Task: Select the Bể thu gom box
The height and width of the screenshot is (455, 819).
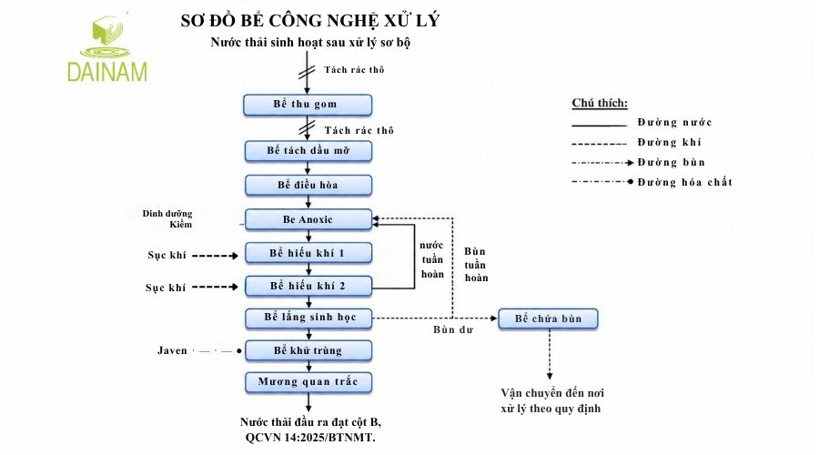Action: [x=308, y=105]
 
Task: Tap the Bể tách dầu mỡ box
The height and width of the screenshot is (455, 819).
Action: [x=308, y=151]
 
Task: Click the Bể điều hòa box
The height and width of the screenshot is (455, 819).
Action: [x=308, y=185]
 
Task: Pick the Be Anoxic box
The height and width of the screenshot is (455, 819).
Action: [x=308, y=219]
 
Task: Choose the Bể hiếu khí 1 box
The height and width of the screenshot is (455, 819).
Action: [x=308, y=253]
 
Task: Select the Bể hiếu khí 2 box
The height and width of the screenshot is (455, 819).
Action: [x=308, y=286]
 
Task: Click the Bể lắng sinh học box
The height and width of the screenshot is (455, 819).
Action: [x=308, y=318]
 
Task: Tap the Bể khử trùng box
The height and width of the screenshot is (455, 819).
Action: [x=308, y=350]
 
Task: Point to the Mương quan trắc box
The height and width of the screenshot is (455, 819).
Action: [x=308, y=382]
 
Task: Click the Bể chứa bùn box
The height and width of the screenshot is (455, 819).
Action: [x=548, y=318]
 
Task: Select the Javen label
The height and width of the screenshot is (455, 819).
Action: [x=172, y=350]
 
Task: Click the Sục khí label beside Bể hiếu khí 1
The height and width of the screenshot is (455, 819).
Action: [x=167, y=256]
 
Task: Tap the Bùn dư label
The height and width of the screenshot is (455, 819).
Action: [x=453, y=329]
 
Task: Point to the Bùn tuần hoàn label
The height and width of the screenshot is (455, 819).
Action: [x=476, y=265]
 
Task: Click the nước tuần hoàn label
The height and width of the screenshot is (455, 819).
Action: [x=432, y=259]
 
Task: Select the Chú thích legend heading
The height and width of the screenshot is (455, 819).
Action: [x=600, y=103]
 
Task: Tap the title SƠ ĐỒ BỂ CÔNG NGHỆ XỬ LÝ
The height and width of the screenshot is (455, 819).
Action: [x=310, y=21]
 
